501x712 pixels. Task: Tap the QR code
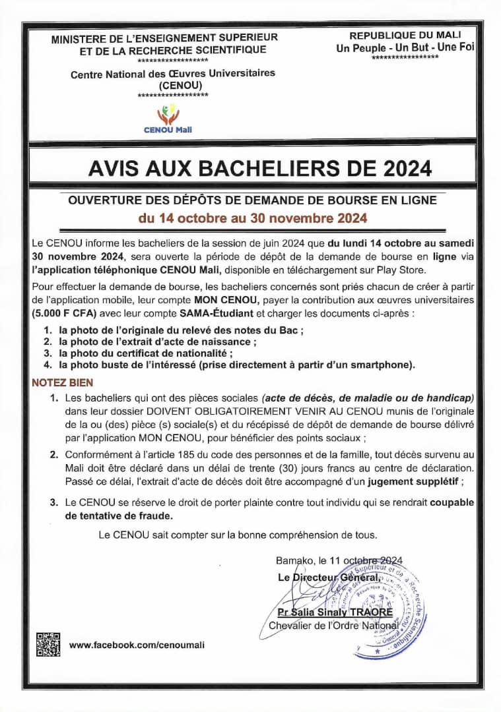48,644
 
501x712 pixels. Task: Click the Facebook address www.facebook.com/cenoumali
137,645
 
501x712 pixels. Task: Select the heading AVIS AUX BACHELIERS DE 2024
260,169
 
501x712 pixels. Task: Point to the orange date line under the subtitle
251,217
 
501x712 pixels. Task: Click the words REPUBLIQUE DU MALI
405,35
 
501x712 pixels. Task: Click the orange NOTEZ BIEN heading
63,382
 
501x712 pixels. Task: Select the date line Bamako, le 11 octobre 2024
339,560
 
